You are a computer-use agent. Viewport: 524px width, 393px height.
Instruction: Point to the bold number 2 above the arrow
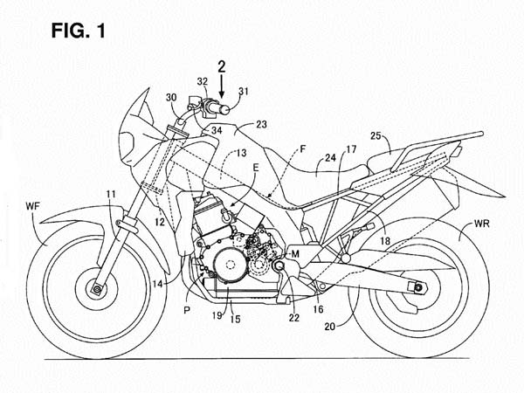pyautogui.click(x=222, y=65)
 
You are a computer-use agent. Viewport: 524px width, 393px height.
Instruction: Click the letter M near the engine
pyautogui.click(x=296, y=253)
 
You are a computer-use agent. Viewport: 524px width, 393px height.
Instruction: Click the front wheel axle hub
pyautogui.click(x=93, y=286)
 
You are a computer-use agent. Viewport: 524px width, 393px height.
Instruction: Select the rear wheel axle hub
pyautogui.click(x=414, y=286)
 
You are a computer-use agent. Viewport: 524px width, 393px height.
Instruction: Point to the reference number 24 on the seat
pyautogui.click(x=328, y=160)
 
